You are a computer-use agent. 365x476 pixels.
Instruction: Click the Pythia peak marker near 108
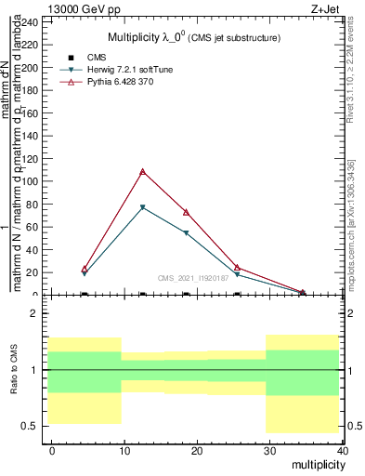pos(142,171)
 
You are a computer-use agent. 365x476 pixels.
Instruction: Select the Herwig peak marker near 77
pos(142,207)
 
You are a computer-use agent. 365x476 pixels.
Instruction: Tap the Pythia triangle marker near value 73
pos(187,212)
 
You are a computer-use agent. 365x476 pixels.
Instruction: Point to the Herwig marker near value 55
pos(187,232)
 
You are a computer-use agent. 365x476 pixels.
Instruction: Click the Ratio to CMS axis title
pos(16,370)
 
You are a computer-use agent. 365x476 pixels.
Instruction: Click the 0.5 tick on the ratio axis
pos(33,427)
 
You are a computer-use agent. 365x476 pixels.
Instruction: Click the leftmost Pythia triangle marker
pos(85,269)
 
